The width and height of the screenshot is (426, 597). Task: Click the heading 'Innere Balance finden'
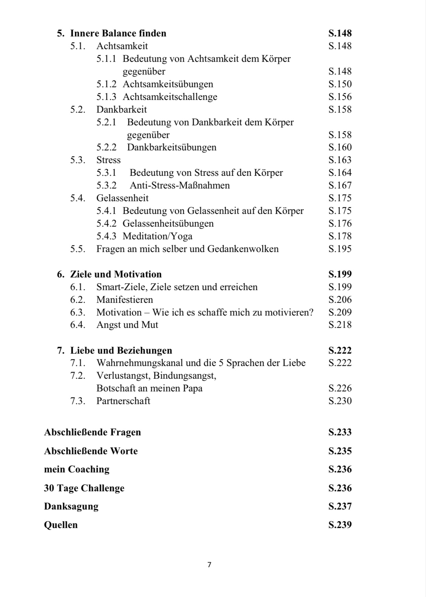(118, 33)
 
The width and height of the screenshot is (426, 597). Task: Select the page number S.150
(340, 84)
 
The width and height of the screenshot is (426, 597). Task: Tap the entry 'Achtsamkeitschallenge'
(170, 97)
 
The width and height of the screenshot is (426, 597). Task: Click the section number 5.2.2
(106, 147)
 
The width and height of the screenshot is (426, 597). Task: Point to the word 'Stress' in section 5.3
(108, 160)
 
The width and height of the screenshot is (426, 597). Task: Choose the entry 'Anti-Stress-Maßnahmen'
(179, 185)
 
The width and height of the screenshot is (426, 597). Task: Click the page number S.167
(340, 185)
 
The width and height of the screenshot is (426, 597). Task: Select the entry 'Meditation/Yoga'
(157, 236)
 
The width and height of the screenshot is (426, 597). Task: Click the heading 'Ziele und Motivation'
(116, 274)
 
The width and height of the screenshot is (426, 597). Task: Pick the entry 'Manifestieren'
(125, 300)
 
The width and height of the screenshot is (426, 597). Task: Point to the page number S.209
(340, 312)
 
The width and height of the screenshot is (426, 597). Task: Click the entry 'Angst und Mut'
(127, 325)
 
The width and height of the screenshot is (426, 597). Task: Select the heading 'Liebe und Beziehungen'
(121, 351)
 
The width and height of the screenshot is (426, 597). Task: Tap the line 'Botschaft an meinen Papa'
(149, 388)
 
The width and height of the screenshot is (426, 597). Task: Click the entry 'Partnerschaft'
(123, 401)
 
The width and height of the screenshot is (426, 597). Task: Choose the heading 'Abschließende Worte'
(91, 451)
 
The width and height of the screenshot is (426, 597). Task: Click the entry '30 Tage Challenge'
(84, 488)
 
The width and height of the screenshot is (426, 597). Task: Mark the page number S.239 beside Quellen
(340, 525)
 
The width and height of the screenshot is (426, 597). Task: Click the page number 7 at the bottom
(209, 565)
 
